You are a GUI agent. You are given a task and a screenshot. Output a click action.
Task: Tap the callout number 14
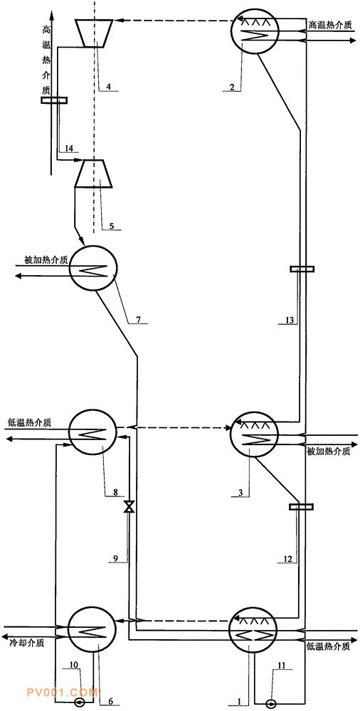pyautogui.click(x=69, y=148)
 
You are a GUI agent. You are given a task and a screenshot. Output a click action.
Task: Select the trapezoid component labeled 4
pyautogui.click(x=96, y=32)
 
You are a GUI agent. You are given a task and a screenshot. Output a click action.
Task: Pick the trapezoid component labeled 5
pyautogui.click(x=96, y=173)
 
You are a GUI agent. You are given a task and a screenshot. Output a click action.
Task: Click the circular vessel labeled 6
pyautogui.click(x=91, y=630)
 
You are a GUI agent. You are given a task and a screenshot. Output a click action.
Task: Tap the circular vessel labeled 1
pyautogui.click(x=254, y=630)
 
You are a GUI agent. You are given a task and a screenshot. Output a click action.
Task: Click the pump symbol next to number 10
pyautogui.click(x=82, y=703)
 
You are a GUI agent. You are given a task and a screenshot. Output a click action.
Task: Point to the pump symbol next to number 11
pyautogui.click(x=272, y=703)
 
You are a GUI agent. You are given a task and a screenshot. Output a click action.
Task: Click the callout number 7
pyautogui.click(x=139, y=320)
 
